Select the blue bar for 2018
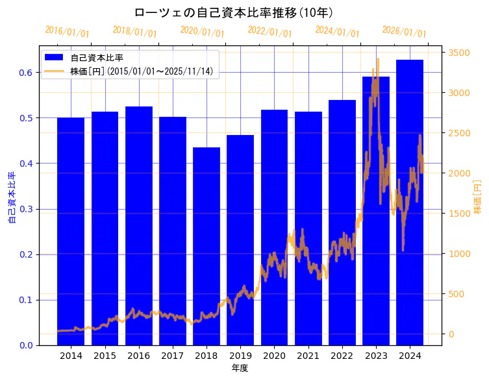tap(207, 247)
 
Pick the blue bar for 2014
tap(71, 231)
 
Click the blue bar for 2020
tap(274, 227)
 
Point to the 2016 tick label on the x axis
tap(138, 356)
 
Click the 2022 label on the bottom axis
tap(342, 356)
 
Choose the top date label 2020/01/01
tap(202, 32)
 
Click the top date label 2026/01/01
tap(404, 32)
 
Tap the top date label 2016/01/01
tap(67, 32)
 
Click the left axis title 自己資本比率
tap(12, 198)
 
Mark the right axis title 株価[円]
tap(477, 198)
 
